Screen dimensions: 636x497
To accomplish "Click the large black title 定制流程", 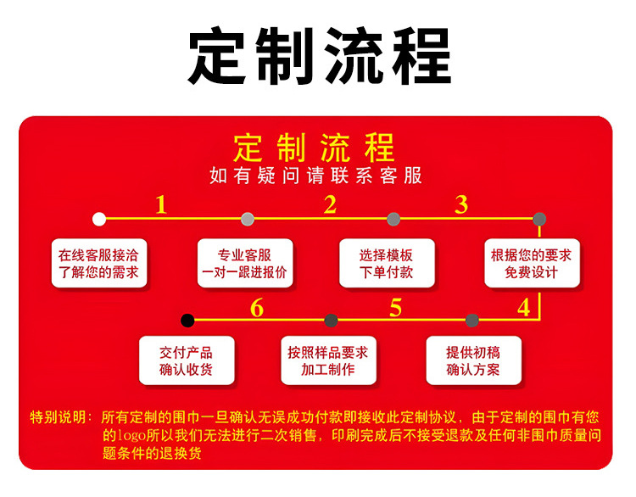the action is click(318, 57).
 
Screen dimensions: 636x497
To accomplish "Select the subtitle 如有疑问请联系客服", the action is click(315, 176).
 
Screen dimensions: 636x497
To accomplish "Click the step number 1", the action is click(161, 205).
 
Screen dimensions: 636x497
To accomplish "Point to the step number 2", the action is click(330, 204).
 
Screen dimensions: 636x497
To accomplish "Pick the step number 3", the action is click(461, 204).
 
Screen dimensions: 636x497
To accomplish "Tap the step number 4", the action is click(524, 307).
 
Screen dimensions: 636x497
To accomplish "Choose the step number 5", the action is click(395, 308).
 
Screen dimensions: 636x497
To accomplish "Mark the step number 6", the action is click(257, 308).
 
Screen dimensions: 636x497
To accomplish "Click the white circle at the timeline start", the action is click(99, 219).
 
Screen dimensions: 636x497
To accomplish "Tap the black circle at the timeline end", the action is click(187, 320).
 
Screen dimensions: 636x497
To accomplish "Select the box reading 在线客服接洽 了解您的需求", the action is click(99, 264).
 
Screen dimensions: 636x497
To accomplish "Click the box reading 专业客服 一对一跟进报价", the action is click(245, 264).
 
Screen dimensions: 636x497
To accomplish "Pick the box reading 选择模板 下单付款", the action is click(387, 264).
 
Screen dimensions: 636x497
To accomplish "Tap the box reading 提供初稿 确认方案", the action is click(473, 361).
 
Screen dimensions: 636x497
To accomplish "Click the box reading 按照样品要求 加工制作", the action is click(328, 361).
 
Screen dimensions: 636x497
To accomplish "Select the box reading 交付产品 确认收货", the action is click(186, 361).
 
